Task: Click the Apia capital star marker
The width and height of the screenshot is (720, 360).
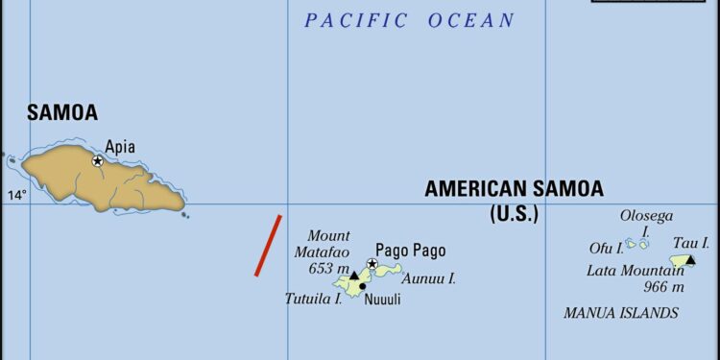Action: pos(97,161)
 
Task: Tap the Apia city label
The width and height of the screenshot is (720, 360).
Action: pos(120,147)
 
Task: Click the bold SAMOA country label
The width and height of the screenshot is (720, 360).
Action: pos(62,112)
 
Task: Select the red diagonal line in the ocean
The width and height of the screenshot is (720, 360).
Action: pos(268,246)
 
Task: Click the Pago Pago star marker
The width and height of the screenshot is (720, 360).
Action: pos(372,264)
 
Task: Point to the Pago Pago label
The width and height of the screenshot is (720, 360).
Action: pos(410,251)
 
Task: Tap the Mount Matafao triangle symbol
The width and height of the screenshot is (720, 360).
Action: pos(353,276)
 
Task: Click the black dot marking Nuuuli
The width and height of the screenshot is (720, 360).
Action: pos(362,286)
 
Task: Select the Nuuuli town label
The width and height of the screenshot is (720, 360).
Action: pos(382,300)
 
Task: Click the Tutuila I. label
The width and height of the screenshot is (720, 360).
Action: pos(313,299)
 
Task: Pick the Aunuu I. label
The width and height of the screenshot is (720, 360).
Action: pos(428,278)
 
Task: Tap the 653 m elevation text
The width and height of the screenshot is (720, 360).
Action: pos(328,269)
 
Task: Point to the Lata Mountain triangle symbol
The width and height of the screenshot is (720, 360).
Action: pos(690,259)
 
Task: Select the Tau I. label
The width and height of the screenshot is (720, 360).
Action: pos(691,243)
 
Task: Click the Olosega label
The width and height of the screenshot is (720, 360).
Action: pos(646,216)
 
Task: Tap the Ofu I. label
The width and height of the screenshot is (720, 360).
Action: pos(606,249)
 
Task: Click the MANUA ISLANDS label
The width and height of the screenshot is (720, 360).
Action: pos(621,313)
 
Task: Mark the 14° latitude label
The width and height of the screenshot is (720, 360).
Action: pos(16,196)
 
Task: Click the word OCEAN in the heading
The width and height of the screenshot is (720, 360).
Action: pos(470,20)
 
